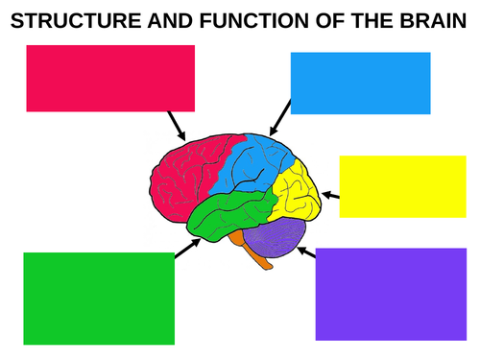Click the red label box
tap(110, 77)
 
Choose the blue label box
tap(360, 83)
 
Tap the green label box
tap(99, 298)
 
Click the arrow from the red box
tap(177, 125)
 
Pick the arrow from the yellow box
tap(330, 195)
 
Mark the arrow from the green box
tap(185, 249)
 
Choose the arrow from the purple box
tap(307, 252)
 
